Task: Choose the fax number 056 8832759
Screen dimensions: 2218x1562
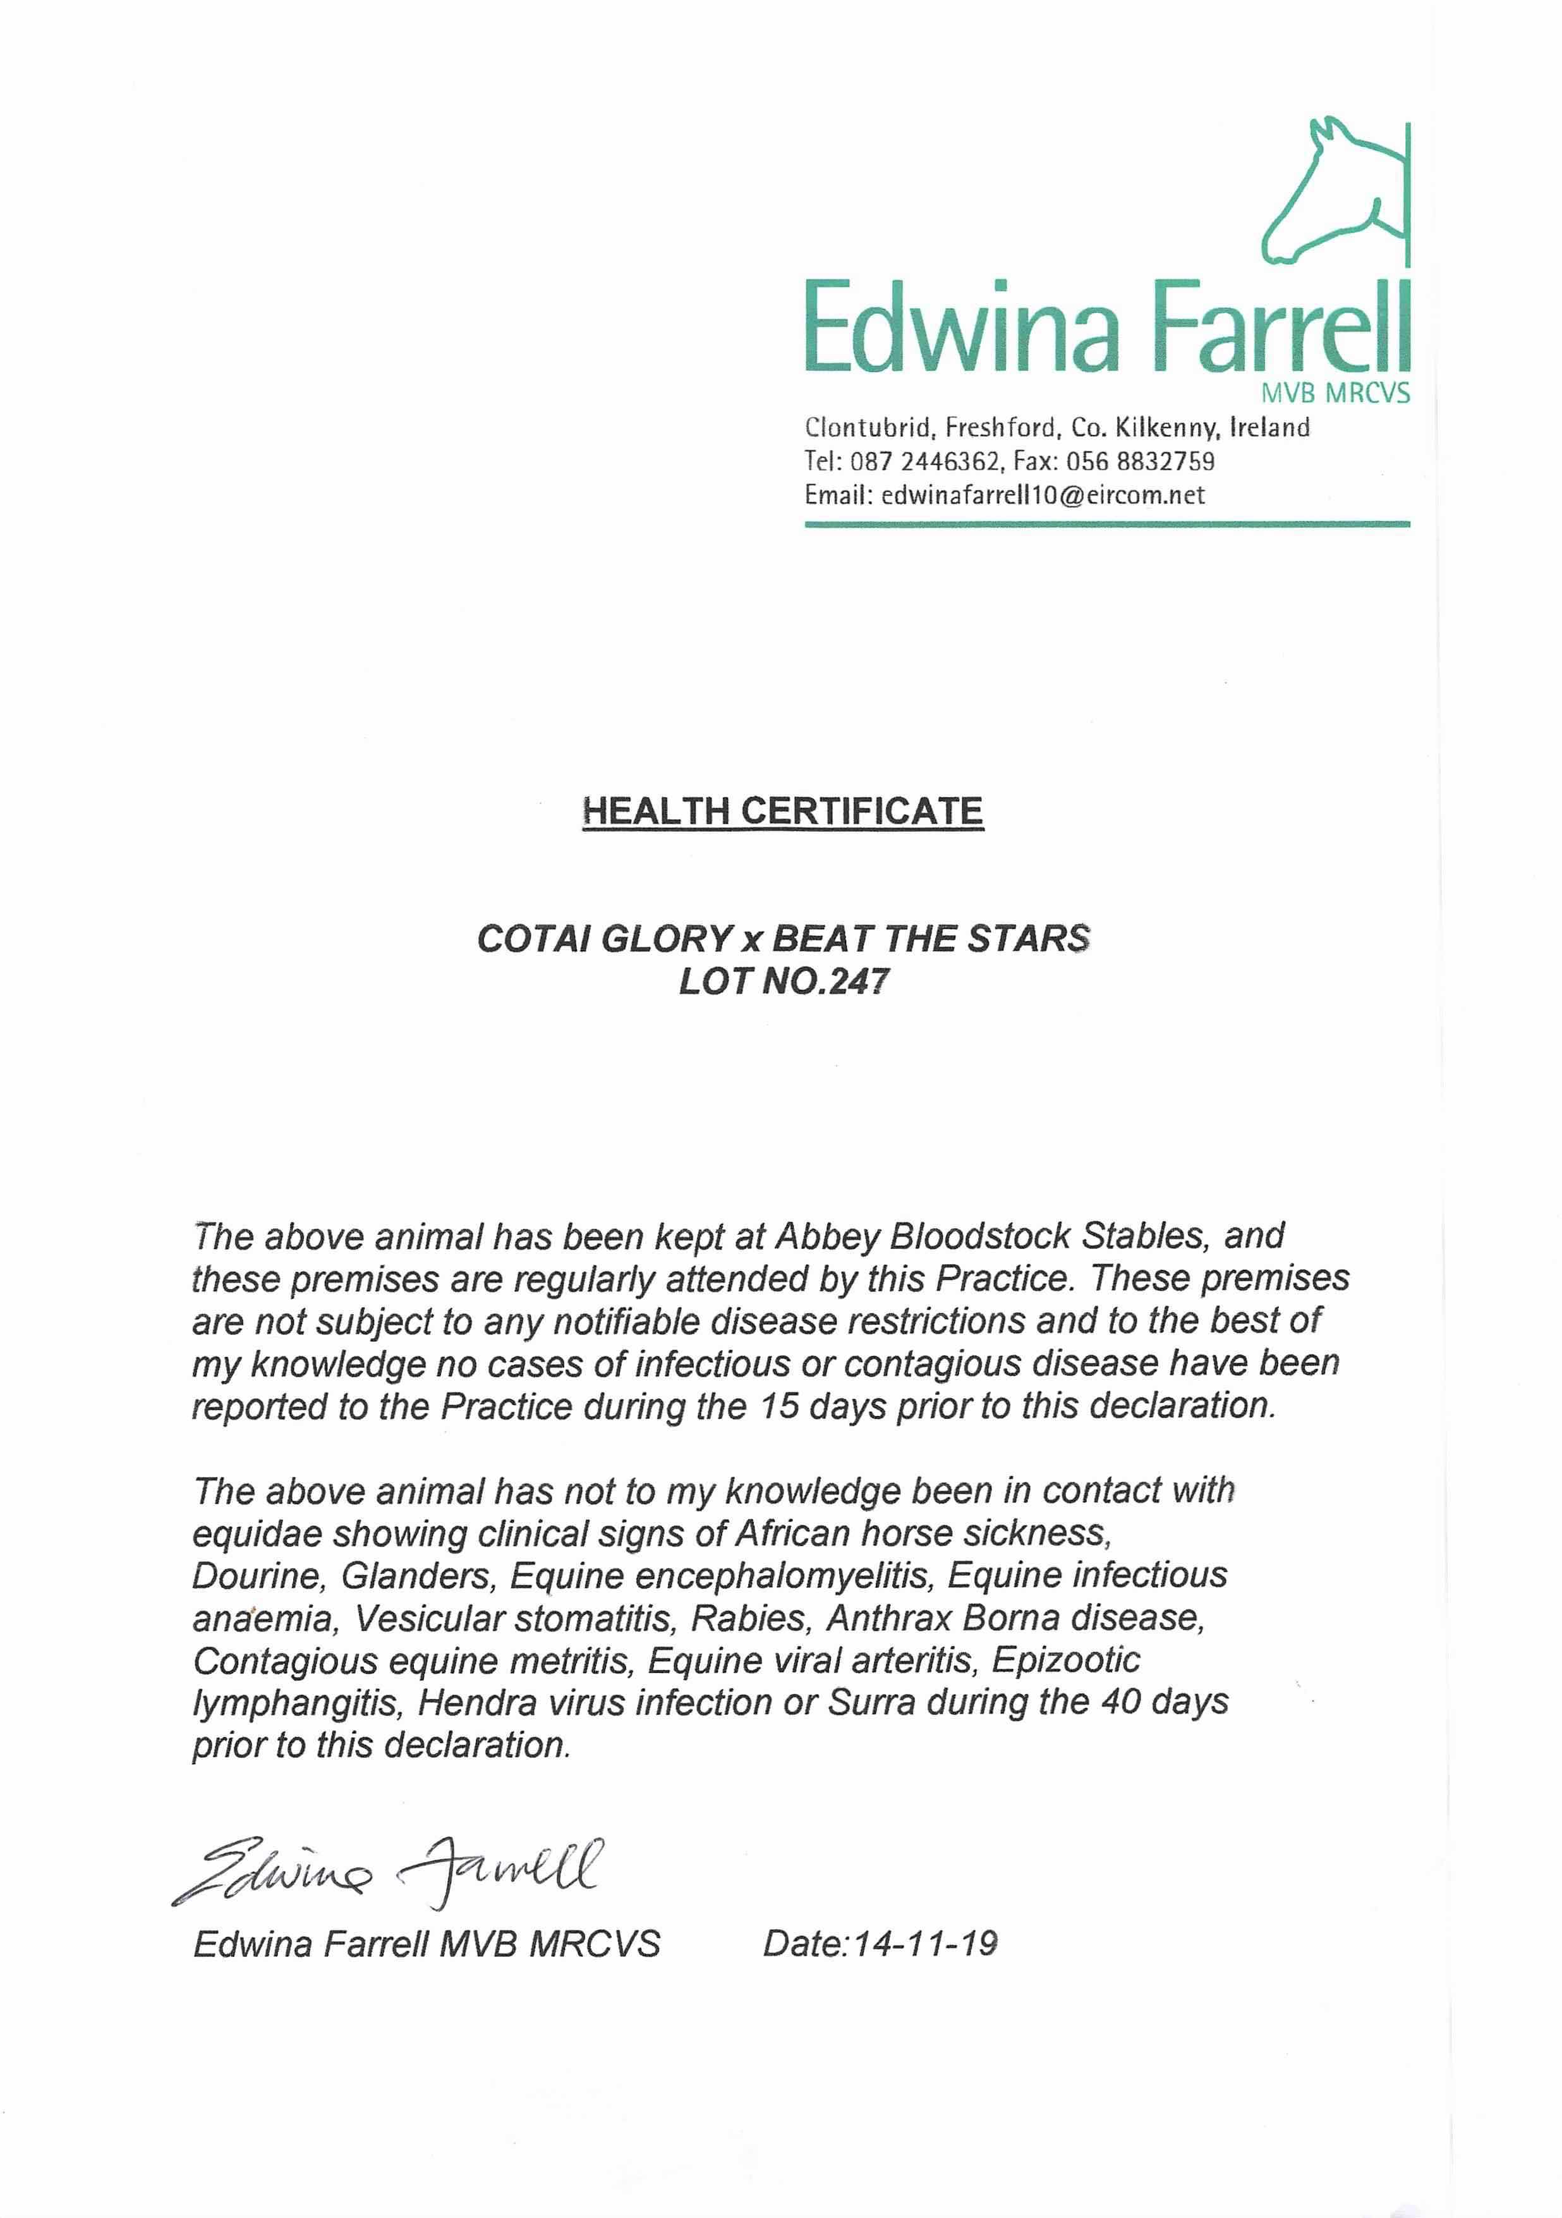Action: pyautogui.click(x=1140, y=462)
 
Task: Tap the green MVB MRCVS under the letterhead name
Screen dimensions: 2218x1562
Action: pyautogui.click(x=1335, y=393)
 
